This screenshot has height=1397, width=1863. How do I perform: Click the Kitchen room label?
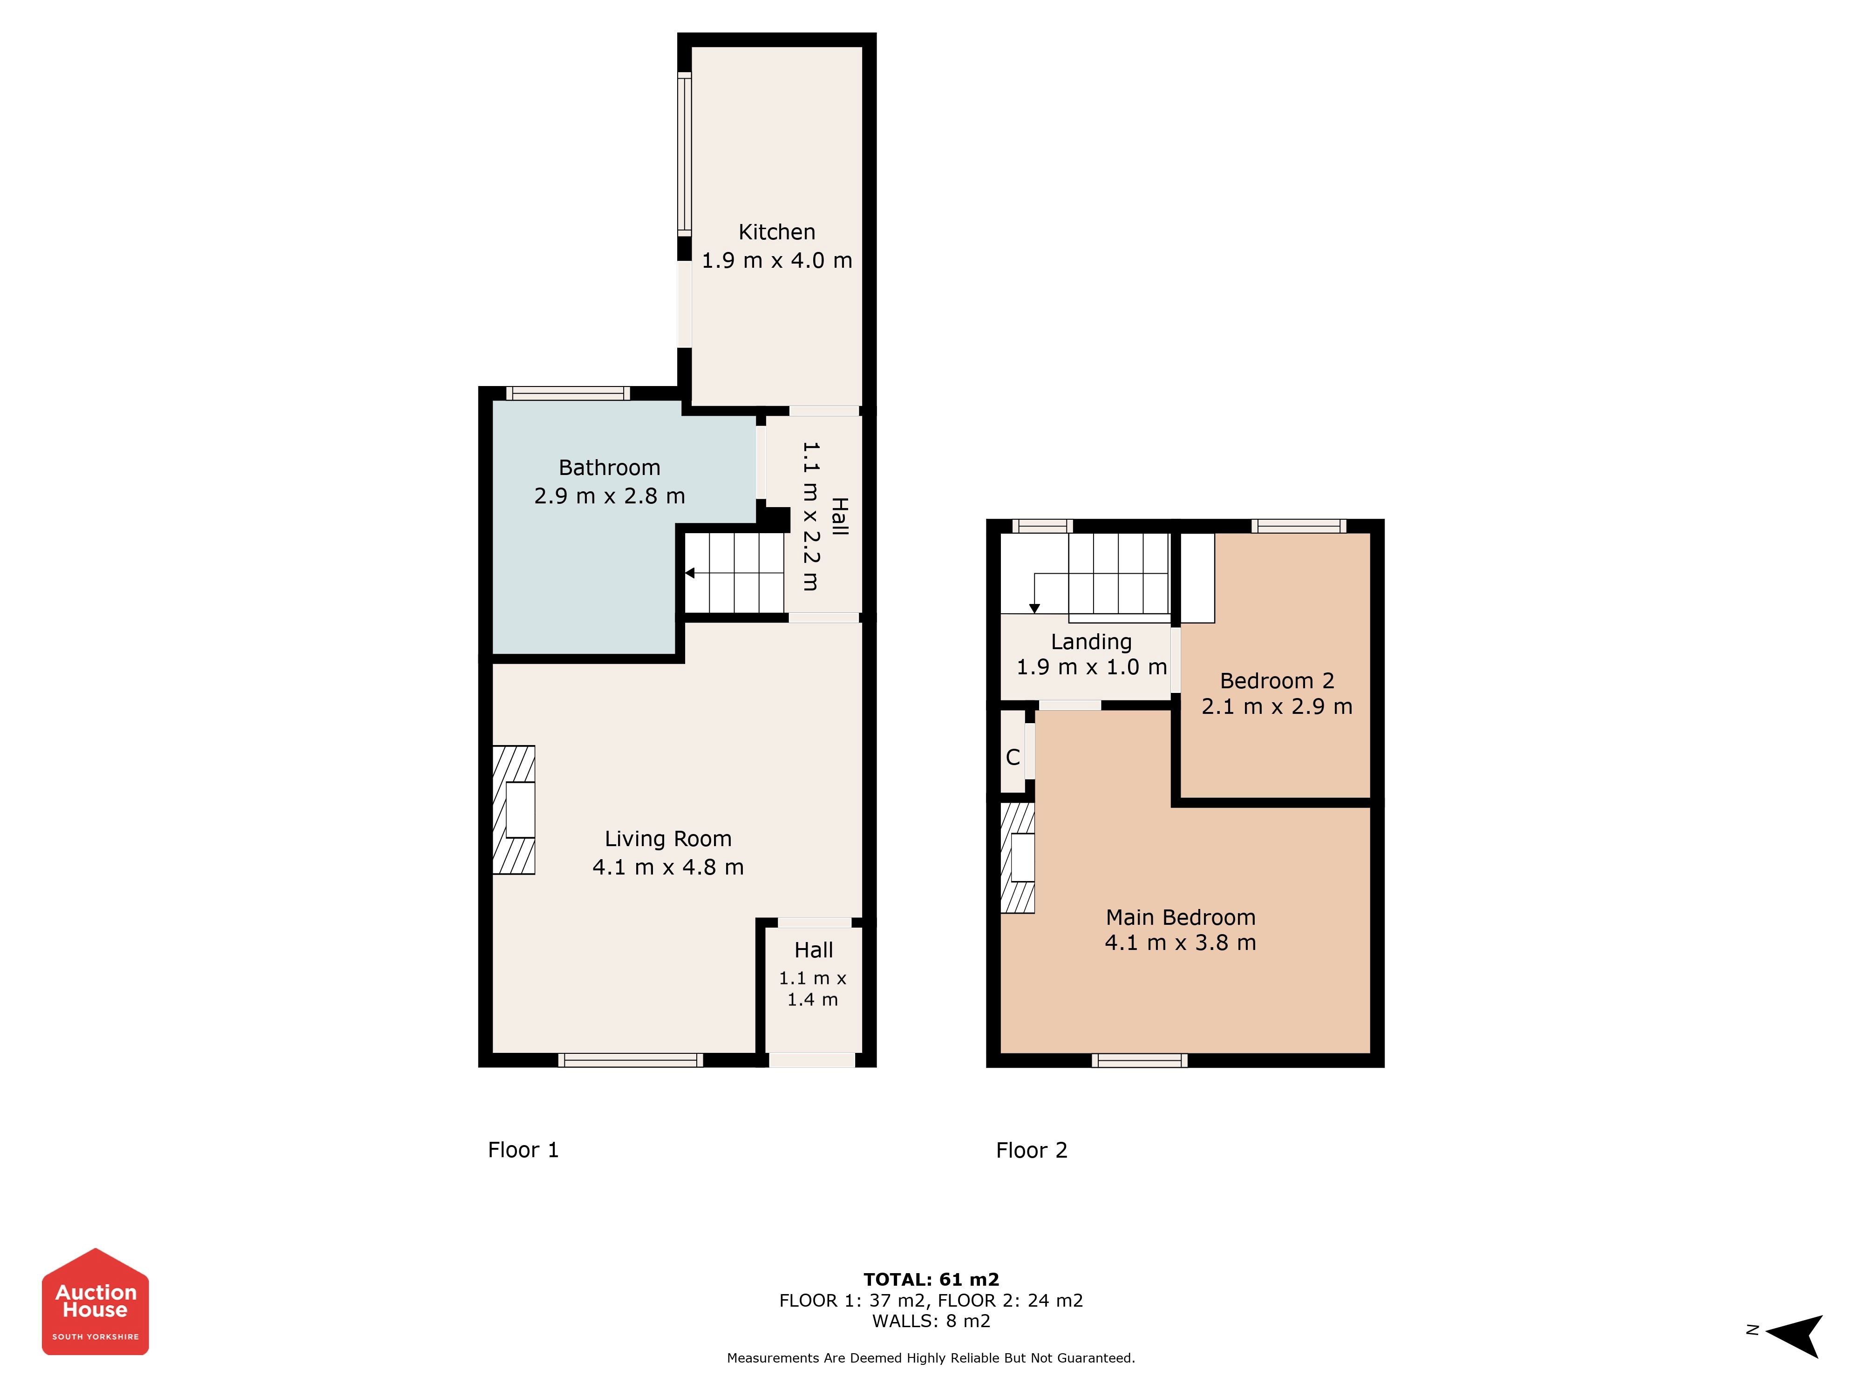(776, 232)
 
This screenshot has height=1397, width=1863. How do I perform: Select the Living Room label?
(668, 840)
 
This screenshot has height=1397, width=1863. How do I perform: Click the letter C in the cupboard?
(1013, 757)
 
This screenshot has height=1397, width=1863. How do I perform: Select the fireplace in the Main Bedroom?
(1017, 858)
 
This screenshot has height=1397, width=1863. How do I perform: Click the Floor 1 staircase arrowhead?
(689, 573)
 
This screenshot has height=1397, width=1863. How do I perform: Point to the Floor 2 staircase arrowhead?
(1034, 609)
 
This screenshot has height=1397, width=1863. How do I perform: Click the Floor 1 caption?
(523, 1150)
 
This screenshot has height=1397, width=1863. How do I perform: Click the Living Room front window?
(630, 1060)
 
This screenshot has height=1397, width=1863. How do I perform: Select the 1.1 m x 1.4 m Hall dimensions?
(813, 989)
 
